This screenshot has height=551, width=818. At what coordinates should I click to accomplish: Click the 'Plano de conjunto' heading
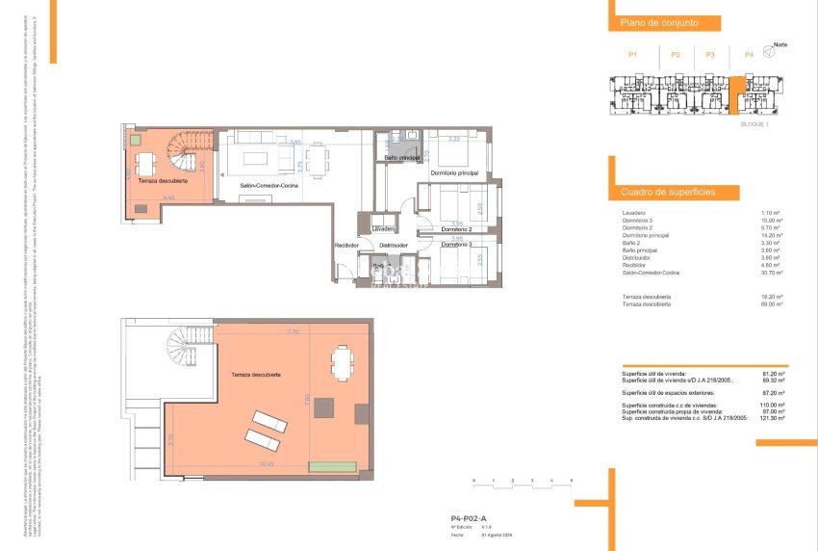(x=658, y=22)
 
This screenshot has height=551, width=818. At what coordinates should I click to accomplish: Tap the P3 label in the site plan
(x=710, y=55)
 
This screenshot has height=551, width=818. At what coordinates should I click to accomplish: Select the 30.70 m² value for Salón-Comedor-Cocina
(x=770, y=275)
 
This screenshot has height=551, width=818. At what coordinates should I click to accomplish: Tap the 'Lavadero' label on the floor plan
(x=384, y=229)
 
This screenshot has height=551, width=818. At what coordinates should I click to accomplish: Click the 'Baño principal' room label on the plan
(x=400, y=157)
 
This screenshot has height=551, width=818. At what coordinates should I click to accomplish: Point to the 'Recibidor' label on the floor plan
(x=346, y=246)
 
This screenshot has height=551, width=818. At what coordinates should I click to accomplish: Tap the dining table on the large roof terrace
(x=342, y=362)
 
